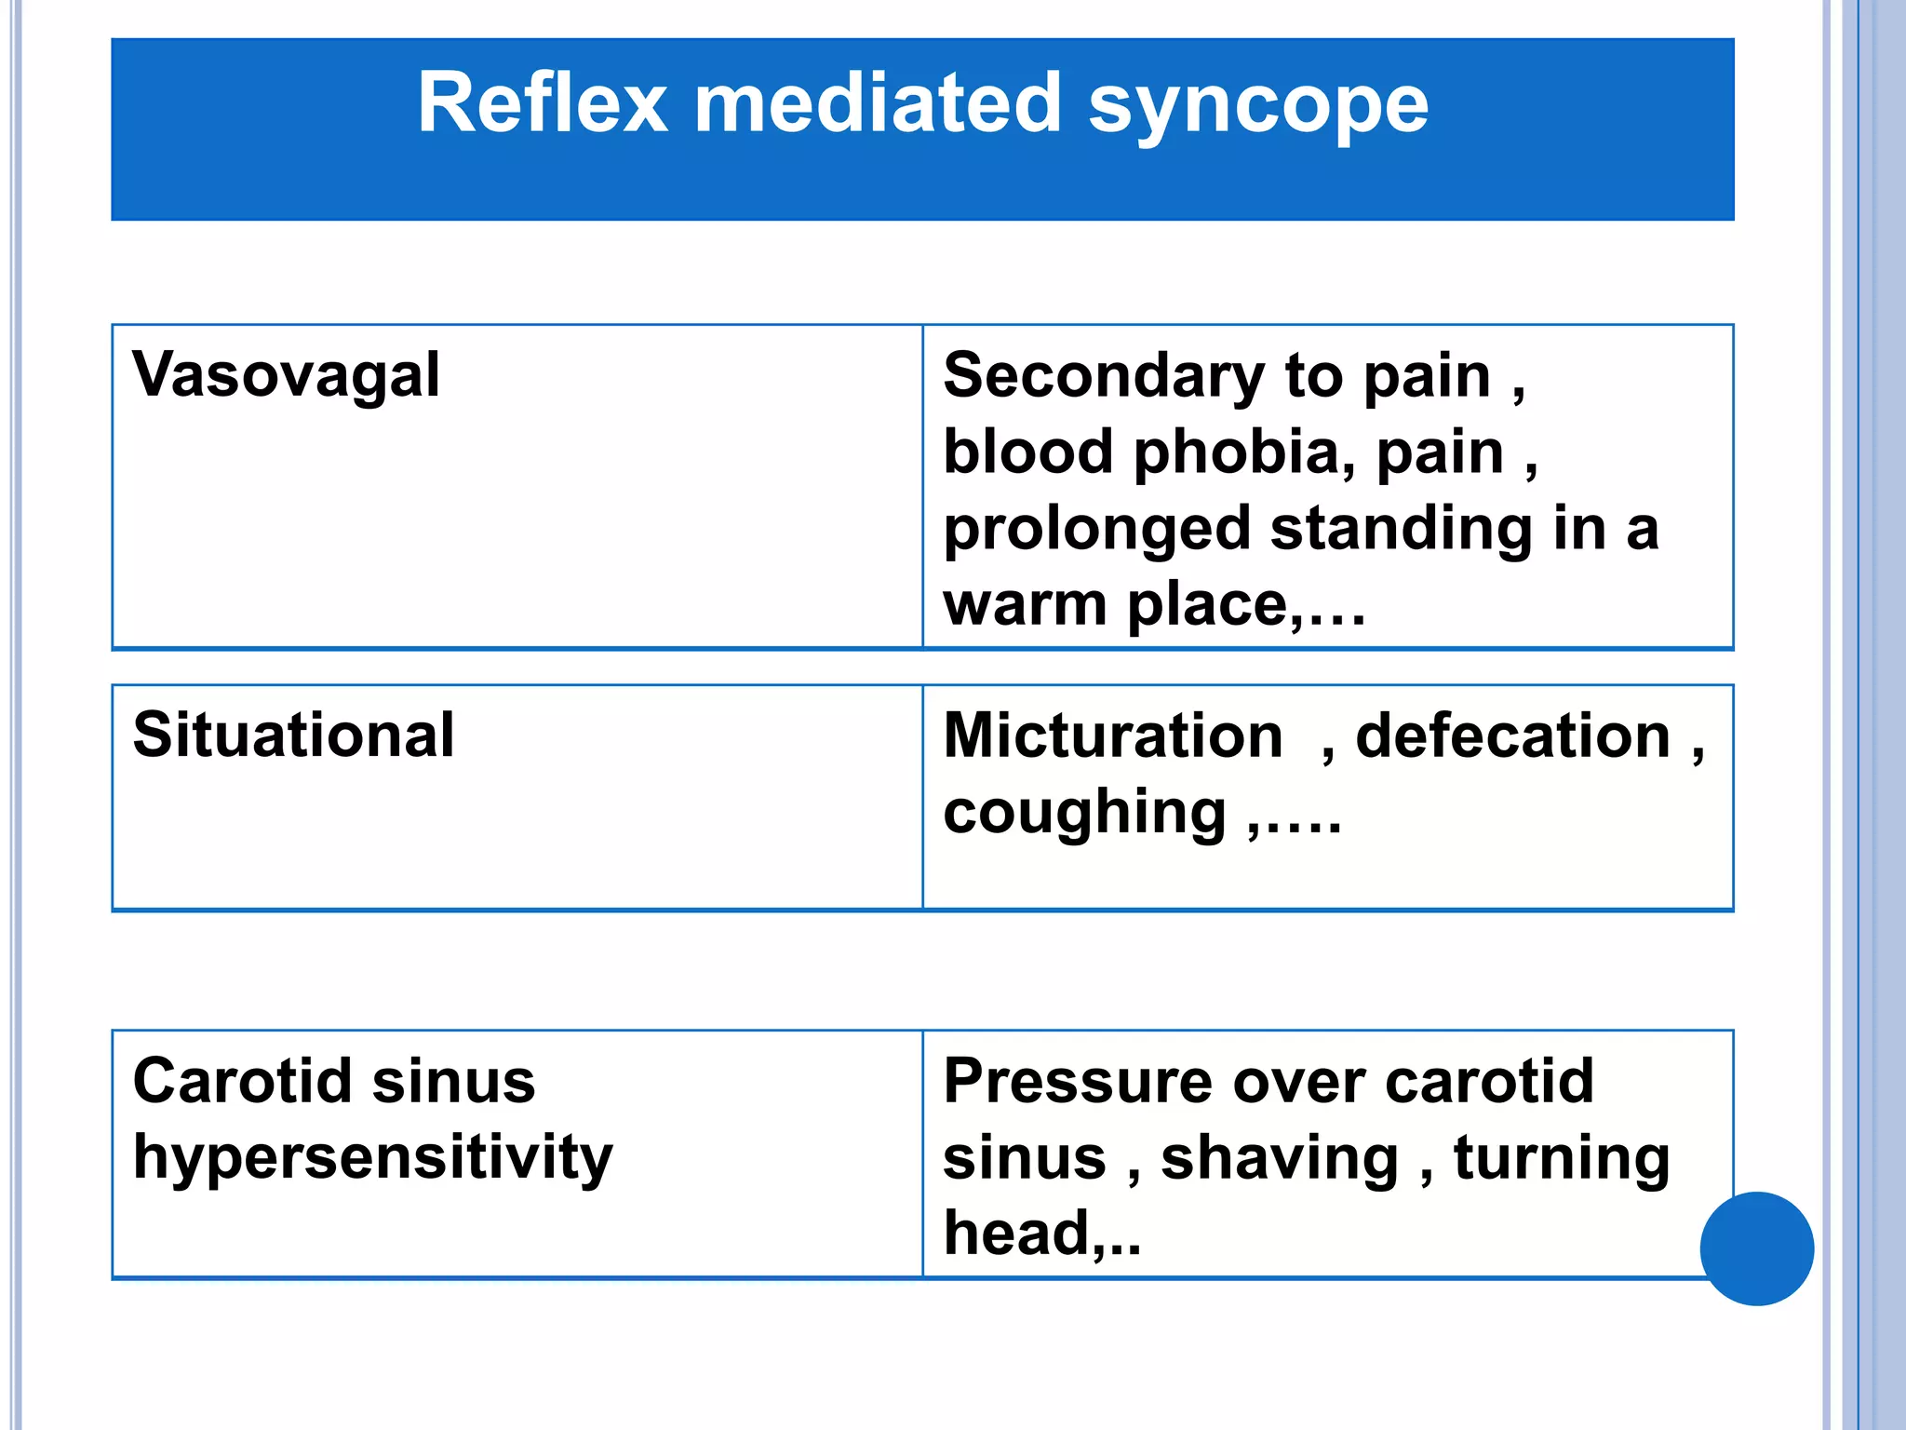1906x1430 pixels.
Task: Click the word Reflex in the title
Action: coord(542,103)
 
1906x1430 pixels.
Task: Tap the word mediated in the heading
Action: coord(878,103)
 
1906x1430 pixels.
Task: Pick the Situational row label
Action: coord(293,735)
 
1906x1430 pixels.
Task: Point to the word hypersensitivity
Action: coord(372,1159)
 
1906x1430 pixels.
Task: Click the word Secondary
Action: coord(1103,376)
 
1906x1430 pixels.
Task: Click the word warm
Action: coord(1025,605)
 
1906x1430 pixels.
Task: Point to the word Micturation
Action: coord(1113,735)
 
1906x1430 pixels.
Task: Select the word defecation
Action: coord(1513,735)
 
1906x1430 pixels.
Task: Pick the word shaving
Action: coord(1280,1160)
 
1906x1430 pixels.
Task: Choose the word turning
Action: coord(1562,1160)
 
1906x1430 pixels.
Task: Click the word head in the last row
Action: coord(1015,1234)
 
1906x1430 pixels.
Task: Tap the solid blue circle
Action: coord(1756,1248)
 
